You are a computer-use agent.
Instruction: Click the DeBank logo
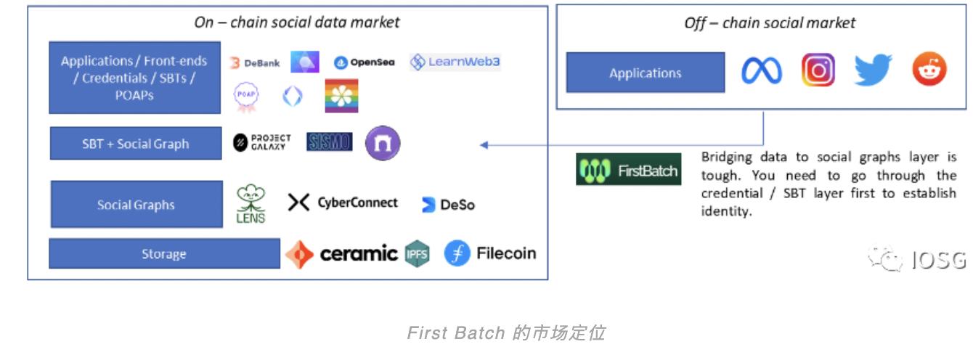(x=255, y=63)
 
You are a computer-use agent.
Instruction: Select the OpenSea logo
(x=364, y=62)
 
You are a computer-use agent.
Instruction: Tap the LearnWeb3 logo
(x=455, y=62)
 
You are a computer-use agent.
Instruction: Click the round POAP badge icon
(x=246, y=97)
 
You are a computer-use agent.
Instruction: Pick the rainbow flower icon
(x=341, y=96)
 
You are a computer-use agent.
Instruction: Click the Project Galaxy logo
(x=262, y=142)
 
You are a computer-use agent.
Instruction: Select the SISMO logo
(x=329, y=142)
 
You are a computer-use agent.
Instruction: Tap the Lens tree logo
(x=251, y=204)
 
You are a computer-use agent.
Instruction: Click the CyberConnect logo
(x=343, y=202)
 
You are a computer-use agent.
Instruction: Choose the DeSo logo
(x=448, y=205)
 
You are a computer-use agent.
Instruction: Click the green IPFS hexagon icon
(x=417, y=253)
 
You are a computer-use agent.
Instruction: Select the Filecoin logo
(x=490, y=253)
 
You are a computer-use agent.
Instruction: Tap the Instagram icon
(x=818, y=70)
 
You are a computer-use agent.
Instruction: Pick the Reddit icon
(x=929, y=70)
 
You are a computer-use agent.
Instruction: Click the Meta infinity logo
(x=761, y=71)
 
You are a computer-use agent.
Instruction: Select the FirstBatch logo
(x=628, y=171)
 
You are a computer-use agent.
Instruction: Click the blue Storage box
(x=164, y=254)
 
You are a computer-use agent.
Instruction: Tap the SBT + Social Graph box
(x=136, y=144)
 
